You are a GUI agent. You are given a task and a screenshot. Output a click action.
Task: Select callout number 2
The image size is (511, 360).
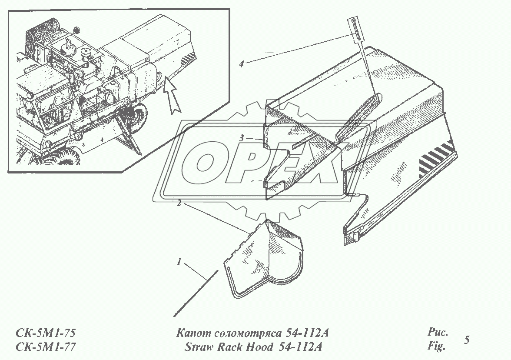(x=178, y=203)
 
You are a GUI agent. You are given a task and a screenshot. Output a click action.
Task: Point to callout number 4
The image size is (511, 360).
(x=242, y=64)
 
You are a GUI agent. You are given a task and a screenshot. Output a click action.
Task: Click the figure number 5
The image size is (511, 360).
(x=467, y=340)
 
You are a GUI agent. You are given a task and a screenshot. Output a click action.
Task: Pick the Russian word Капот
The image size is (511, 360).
(x=190, y=333)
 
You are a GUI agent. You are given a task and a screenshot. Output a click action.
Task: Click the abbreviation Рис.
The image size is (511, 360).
(x=438, y=333)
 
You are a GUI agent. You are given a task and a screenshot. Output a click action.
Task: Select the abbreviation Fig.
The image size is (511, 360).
(x=437, y=346)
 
